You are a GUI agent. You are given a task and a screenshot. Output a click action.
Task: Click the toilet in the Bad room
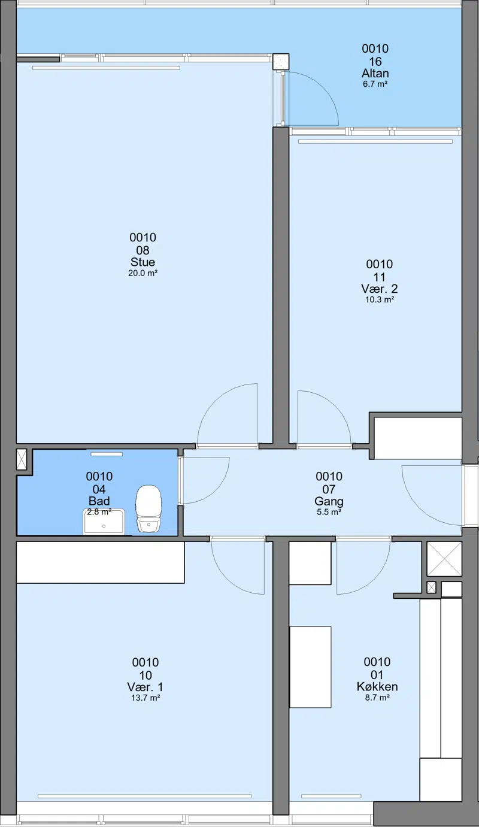pyautogui.click(x=148, y=508)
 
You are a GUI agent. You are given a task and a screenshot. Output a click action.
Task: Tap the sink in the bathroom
pyautogui.click(x=104, y=521)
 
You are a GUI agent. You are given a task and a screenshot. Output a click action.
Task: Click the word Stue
pyautogui.click(x=143, y=262)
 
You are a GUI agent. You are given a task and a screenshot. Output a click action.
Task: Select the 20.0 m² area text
pyautogui.click(x=143, y=273)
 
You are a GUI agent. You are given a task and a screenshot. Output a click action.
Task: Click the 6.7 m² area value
pyautogui.click(x=375, y=84)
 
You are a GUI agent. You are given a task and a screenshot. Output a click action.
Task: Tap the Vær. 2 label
pyautogui.click(x=380, y=289)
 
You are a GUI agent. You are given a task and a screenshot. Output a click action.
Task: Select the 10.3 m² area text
pyautogui.click(x=380, y=299)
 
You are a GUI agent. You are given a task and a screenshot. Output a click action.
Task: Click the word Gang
pyautogui.click(x=329, y=501)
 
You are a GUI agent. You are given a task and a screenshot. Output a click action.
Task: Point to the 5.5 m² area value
pyautogui.click(x=329, y=511)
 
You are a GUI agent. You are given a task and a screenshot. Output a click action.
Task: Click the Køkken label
pyautogui.click(x=377, y=686)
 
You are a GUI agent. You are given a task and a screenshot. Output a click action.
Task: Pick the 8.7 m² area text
pyautogui.click(x=377, y=698)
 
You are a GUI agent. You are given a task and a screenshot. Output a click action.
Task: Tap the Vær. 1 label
pyautogui.click(x=145, y=687)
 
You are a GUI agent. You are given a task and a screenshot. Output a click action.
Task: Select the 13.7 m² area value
pyautogui.click(x=145, y=698)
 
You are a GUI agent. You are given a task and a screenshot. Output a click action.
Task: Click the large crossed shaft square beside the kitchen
pyautogui.click(x=444, y=559)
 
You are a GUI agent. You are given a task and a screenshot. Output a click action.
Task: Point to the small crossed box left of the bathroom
pyautogui.click(x=22, y=459)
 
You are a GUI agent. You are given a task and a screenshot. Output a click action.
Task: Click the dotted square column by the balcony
pyautogui.click(x=281, y=62)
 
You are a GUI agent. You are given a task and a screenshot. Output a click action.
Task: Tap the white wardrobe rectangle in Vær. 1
pyautogui.click(x=101, y=562)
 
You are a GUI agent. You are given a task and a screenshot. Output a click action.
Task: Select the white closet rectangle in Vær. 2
pyautogui.click(x=418, y=438)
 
